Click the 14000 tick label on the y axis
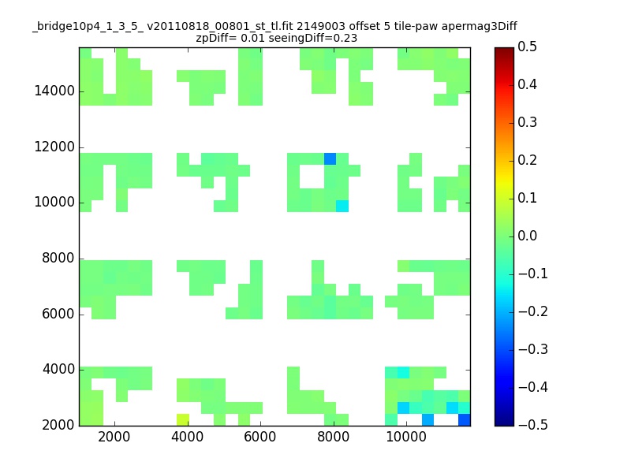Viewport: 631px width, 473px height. coord(54,91)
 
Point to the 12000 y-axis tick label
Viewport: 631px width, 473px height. coord(54,147)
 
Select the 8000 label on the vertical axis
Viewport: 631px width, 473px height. coord(58,258)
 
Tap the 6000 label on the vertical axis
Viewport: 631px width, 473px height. coord(58,314)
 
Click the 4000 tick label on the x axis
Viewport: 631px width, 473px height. coord(187,437)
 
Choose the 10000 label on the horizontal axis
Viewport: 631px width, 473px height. coord(406,437)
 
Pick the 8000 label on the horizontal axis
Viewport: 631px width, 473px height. coord(333,437)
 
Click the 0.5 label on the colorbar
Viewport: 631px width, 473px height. coord(527,47)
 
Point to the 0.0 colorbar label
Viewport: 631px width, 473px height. coord(527,236)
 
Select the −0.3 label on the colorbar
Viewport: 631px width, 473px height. coord(533,349)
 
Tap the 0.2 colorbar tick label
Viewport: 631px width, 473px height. coord(527,160)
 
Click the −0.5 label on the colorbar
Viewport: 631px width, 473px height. coord(533,425)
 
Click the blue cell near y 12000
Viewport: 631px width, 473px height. coord(330,159)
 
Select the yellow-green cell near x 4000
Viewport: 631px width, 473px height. coord(183,419)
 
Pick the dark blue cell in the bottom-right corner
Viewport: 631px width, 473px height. coord(465,419)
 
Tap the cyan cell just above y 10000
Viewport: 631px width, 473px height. coord(342,206)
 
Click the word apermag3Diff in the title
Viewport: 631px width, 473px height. coord(480,27)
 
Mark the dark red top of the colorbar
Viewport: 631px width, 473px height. coord(504,50)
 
